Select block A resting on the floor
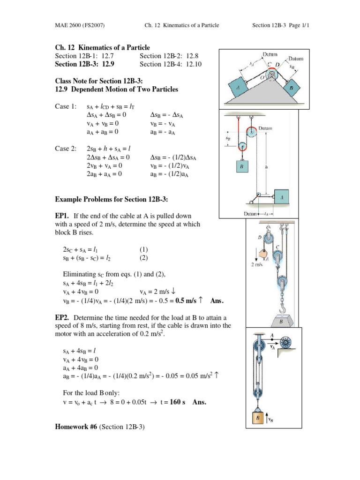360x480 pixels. coord(281,198)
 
